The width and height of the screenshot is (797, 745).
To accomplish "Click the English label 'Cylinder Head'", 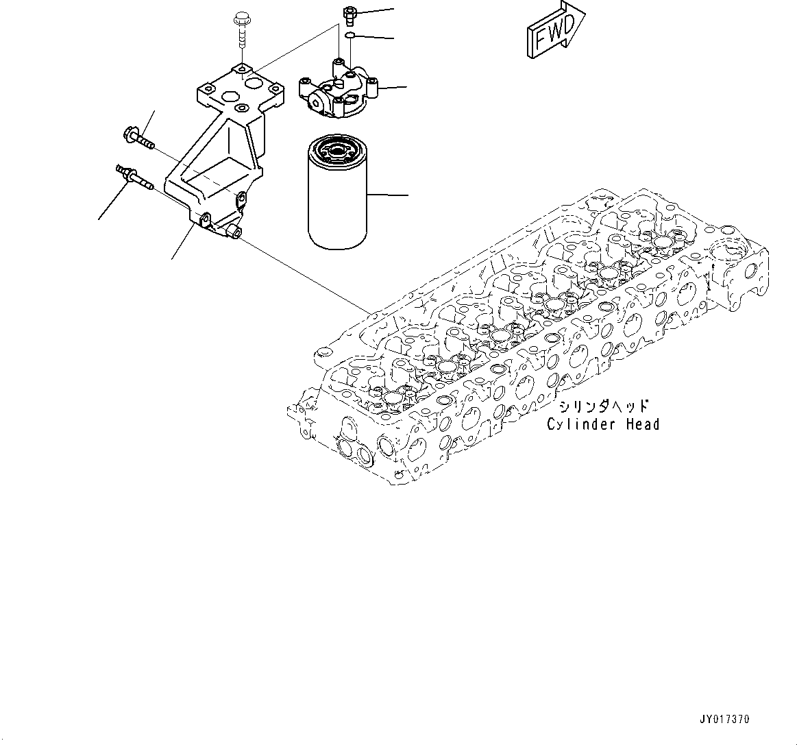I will pos(603,425).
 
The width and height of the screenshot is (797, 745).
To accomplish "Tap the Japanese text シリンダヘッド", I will pos(603,406).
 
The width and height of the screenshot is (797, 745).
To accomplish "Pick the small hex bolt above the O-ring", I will pos(348,12).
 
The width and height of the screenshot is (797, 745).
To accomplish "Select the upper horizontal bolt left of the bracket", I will pos(138,137).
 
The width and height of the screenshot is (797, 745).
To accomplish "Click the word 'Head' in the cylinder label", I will pos(642,425).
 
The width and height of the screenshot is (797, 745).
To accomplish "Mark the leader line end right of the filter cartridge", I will pos(407,196).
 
